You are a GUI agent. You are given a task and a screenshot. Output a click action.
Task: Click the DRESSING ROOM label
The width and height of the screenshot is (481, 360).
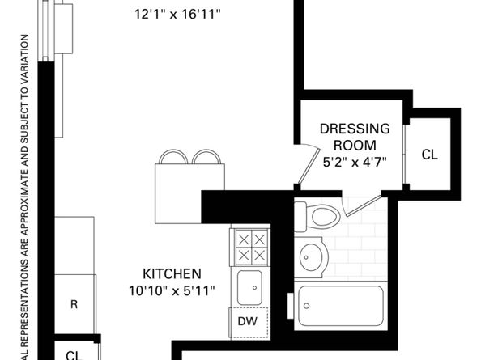[355, 137]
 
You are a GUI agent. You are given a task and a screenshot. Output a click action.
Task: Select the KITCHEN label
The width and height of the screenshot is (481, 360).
[172, 273]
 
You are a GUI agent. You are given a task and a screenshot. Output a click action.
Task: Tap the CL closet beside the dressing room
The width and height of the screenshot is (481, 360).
[429, 155]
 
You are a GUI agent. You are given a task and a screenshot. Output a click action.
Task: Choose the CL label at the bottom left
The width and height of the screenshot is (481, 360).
[73, 354]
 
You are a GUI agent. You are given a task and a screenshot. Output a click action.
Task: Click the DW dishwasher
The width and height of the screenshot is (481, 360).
[248, 321]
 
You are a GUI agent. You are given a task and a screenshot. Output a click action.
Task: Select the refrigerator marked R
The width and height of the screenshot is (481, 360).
[74, 305]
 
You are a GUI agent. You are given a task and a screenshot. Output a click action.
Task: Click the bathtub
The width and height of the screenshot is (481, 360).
[339, 305]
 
